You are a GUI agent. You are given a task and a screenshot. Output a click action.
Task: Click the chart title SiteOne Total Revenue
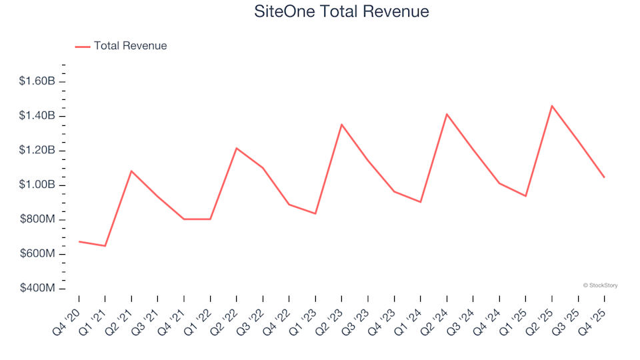tap(341, 11)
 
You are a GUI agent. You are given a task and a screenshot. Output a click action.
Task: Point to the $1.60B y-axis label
tap(37, 81)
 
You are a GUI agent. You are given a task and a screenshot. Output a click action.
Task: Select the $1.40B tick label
tap(37, 116)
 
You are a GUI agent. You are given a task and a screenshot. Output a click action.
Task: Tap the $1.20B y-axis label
tap(37, 151)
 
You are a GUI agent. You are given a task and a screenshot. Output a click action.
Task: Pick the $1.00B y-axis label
tap(37, 185)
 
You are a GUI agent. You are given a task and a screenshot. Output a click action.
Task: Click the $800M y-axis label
tap(39, 220)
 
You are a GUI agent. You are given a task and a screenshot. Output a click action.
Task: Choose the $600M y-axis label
tap(39, 254)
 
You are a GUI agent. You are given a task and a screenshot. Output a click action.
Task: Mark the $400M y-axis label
tap(39, 289)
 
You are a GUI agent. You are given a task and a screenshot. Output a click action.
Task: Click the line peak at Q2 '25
tap(552, 106)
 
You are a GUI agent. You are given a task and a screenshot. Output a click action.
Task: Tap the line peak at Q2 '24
tap(447, 114)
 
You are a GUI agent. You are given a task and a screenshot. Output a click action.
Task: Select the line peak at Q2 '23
tap(341, 125)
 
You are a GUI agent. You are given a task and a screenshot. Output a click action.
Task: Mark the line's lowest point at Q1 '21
tap(105, 246)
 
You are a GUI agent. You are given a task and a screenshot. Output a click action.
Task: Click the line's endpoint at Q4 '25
tap(604, 177)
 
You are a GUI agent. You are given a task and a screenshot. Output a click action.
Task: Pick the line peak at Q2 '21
tap(131, 171)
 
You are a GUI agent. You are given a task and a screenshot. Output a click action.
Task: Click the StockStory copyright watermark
tap(600, 285)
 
